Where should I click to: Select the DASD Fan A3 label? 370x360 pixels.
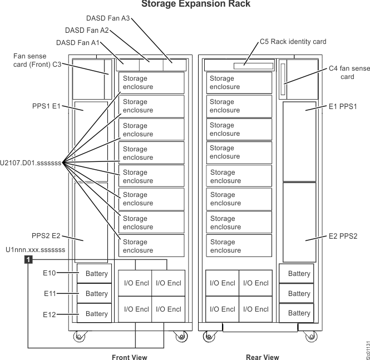pos(109,18)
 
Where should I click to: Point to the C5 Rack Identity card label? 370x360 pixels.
pos(293,41)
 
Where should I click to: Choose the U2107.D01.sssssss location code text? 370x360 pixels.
pos(31,162)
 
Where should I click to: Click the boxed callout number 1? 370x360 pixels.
pos(28,259)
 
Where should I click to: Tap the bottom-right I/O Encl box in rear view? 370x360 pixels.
pos(256,309)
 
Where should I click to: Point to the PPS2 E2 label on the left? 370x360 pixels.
pos(45,235)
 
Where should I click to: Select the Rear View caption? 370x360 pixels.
pos(262,356)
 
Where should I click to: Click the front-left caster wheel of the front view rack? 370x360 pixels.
pos(77,337)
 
